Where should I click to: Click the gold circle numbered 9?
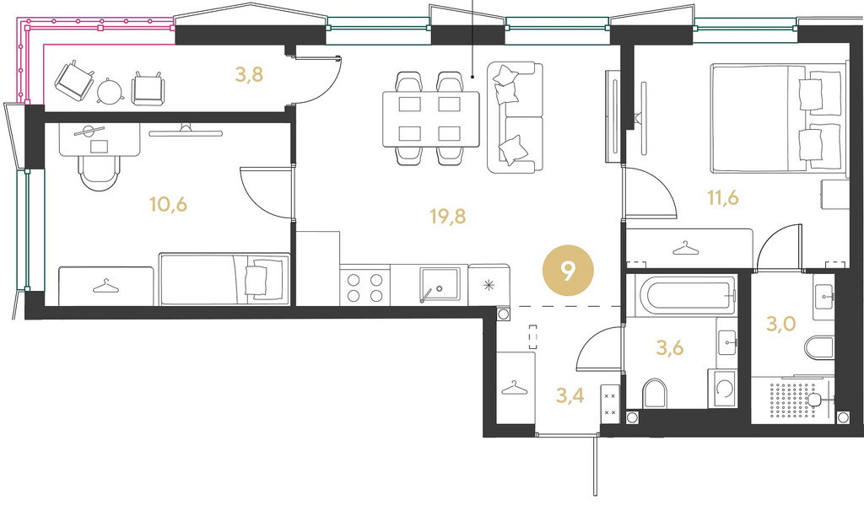pyautogui.click(x=568, y=271)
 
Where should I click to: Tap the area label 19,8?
pyautogui.click(x=447, y=217)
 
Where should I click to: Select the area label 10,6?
pyautogui.click(x=168, y=204)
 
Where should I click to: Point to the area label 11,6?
pyautogui.click(x=723, y=196)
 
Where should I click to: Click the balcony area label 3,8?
pyautogui.click(x=249, y=74)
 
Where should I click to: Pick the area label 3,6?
pyautogui.click(x=670, y=347)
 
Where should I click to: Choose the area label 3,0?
pyautogui.click(x=780, y=324)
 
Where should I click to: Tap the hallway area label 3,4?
pyautogui.click(x=570, y=395)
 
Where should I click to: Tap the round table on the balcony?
pyautogui.click(x=111, y=90)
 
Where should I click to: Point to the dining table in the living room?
pyautogui.click(x=431, y=119)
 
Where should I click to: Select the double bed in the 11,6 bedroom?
pyautogui.click(x=777, y=117)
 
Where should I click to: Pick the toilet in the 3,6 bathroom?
pyautogui.click(x=655, y=393)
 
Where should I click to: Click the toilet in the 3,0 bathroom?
pyautogui.click(x=819, y=348)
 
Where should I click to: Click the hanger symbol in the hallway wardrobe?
pyautogui.click(x=514, y=389)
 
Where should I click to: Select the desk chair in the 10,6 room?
pyautogui.click(x=100, y=172)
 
